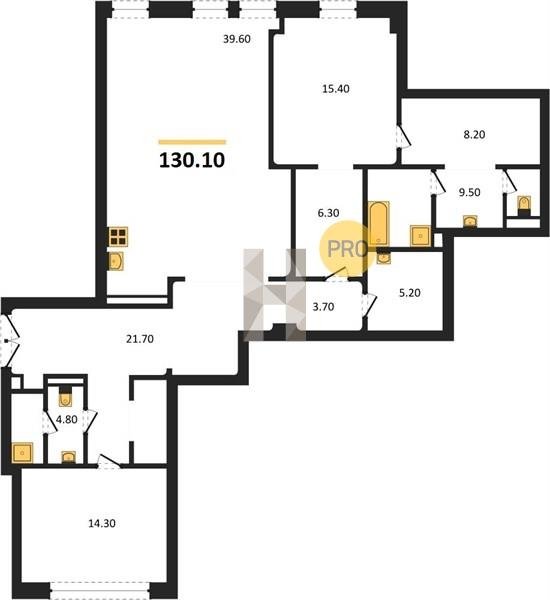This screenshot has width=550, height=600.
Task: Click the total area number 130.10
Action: [192, 160]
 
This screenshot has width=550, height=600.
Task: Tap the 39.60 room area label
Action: [237, 39]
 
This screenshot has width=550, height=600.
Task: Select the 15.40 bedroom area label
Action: [336, 89]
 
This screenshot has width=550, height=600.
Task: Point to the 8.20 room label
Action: [474, 135]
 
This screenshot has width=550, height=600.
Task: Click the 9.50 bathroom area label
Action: [470, 192]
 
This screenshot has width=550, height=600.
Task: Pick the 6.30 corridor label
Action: [328, 213]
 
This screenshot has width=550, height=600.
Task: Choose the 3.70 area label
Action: [323, 307]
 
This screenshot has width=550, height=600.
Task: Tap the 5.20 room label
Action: [410, 293]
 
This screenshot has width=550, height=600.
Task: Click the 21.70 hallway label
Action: [140, 339]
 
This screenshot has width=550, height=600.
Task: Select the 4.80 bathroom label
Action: [67, 420]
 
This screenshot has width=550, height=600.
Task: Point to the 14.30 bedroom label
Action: [102, 523]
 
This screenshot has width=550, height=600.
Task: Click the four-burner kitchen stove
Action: [118, 236]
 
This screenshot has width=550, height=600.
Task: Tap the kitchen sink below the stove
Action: [116, 262]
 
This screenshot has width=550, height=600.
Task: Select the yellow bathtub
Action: [379, 223]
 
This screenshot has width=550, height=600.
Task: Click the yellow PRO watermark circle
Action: [348, 249]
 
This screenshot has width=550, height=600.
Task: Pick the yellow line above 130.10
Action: [192, 142]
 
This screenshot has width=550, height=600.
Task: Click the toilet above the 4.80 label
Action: [65, 396]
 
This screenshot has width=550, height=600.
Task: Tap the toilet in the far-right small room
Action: [524, 204]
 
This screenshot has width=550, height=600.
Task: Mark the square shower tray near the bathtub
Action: [420, 236]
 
